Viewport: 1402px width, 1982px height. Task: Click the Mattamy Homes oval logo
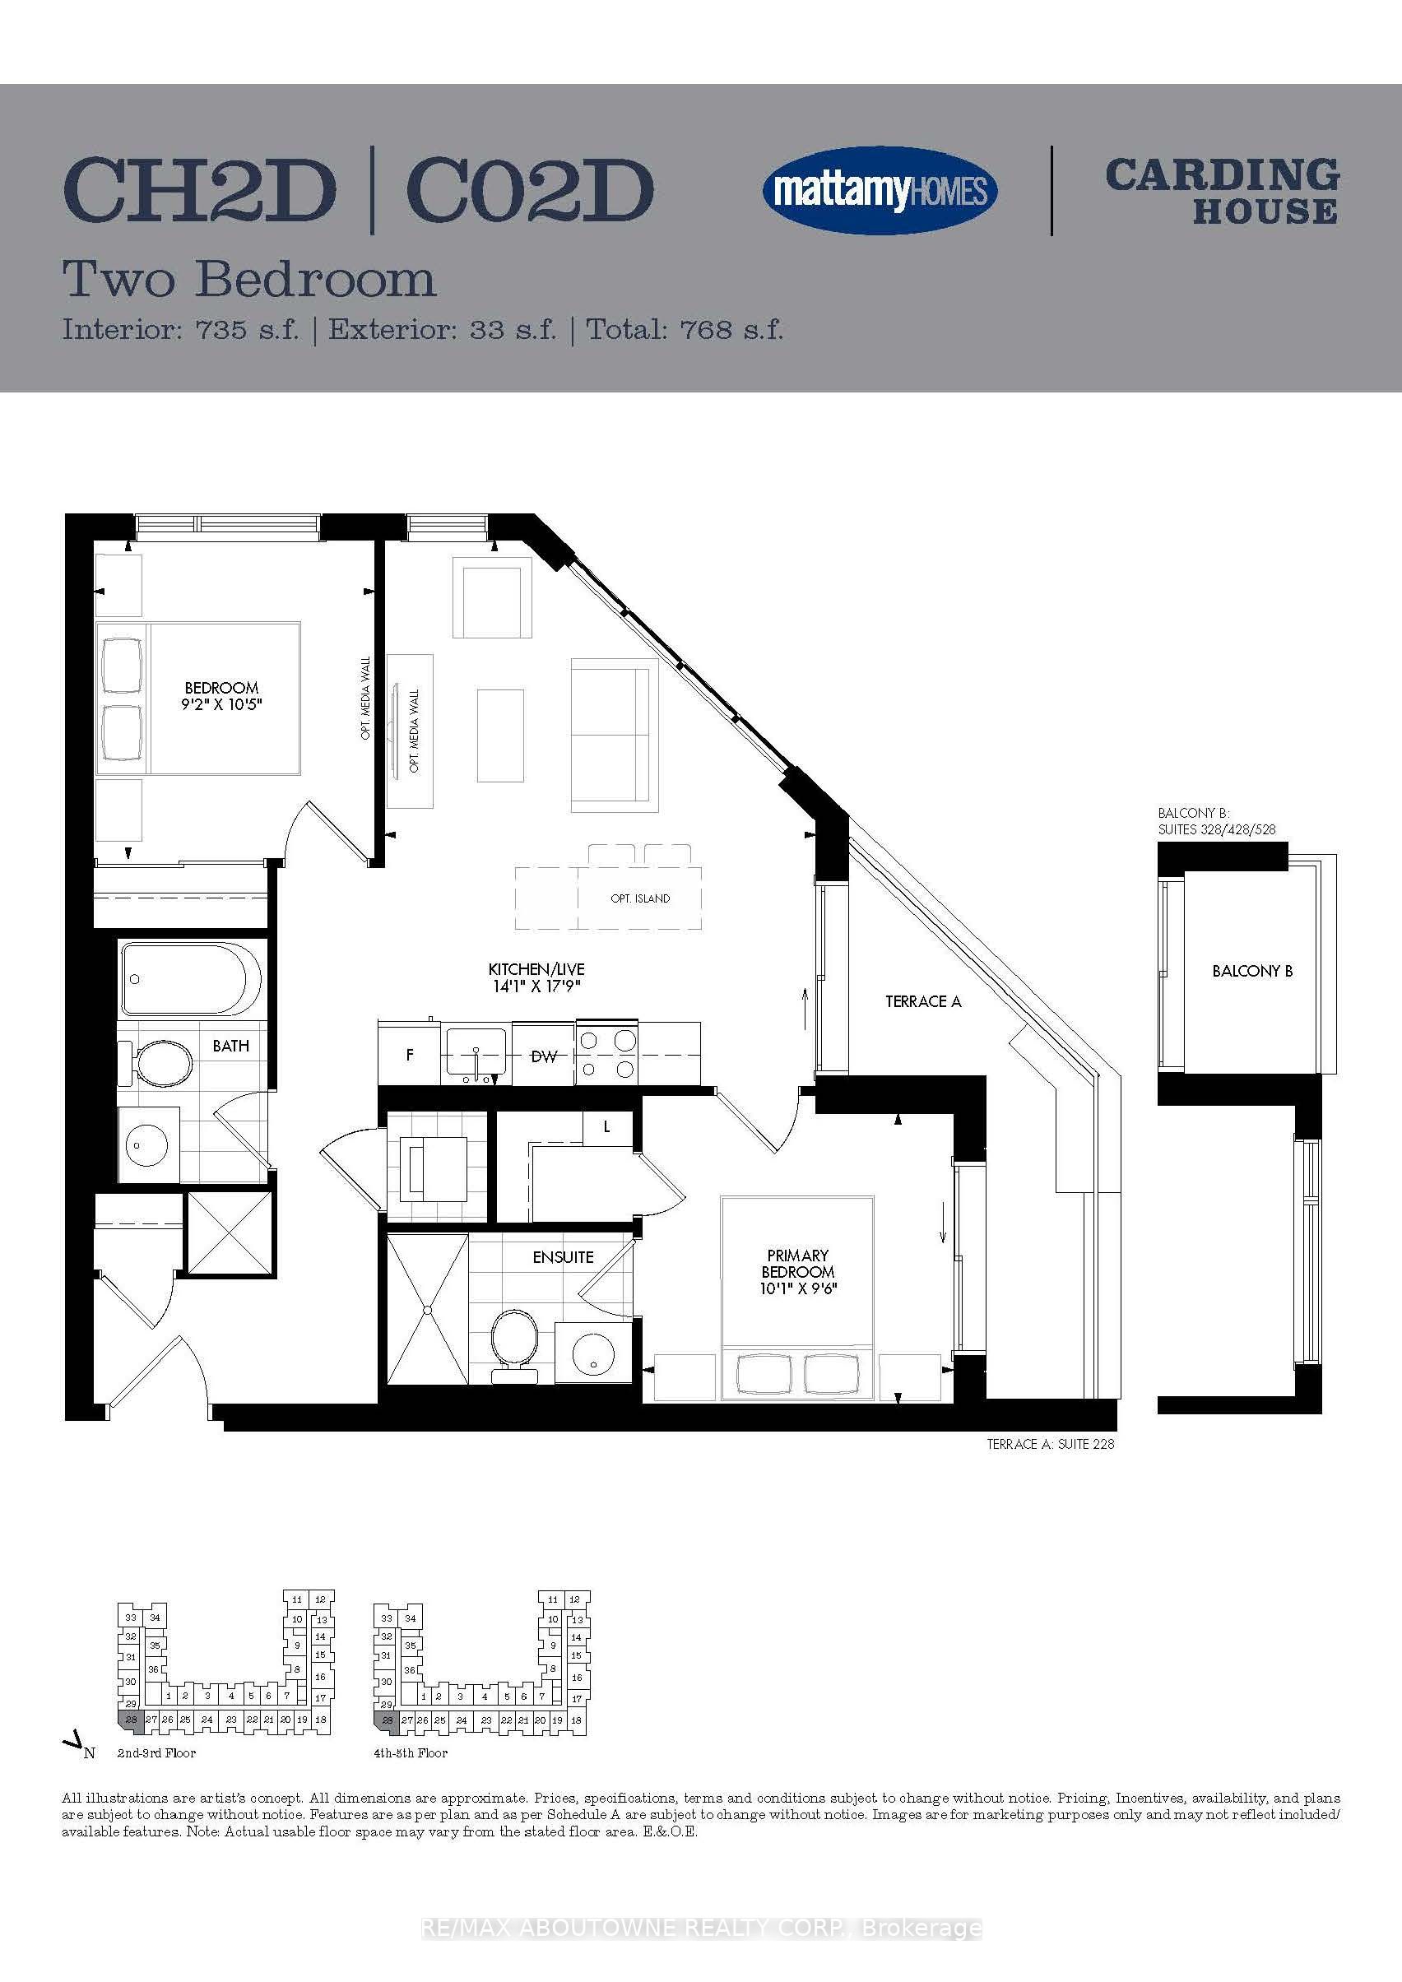tap(880, 191)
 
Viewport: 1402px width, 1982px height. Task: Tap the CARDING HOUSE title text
tap(1222, 191)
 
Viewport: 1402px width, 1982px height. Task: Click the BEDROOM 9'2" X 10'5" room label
tap(222, 696)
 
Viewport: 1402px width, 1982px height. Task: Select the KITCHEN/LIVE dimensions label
tap(536, 978)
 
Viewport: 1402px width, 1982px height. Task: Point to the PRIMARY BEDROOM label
tap(798, 1271)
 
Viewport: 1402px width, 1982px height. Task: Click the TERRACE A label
tap(923, 1001)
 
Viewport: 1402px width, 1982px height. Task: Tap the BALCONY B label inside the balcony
tap(1251, 971)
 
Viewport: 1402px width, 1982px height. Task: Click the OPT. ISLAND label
tap(640, 898)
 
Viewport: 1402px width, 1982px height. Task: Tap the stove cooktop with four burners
tap(607, 1055)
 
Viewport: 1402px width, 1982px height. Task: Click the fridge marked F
tap(410, 1054)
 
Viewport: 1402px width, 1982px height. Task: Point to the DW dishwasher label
tap(543, 1056)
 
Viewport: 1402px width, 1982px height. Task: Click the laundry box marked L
tap(608, 1127)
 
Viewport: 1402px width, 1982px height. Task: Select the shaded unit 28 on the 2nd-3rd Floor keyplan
tap(130, 1719)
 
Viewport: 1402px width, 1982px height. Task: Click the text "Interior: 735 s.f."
tap(180, 330)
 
